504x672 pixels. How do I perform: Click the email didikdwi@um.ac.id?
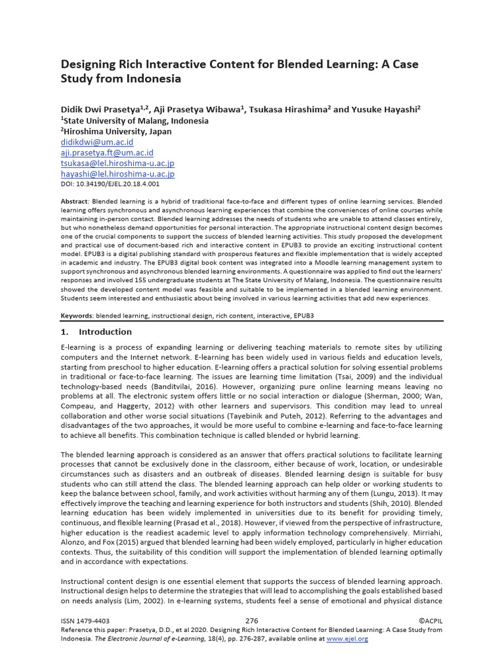(97, 142)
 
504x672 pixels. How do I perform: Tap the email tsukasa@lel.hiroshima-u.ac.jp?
(117, 163)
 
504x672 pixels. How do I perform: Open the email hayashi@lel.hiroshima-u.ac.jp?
(117, 174)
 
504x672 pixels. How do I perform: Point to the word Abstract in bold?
(74, 200)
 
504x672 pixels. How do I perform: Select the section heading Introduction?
(105, 332)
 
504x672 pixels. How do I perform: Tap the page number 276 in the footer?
(251, 621)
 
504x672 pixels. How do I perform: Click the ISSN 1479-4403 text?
(85, 621)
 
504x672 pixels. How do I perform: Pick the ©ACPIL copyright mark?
(430, 621)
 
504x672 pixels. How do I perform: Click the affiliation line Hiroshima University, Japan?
(118, 131)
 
